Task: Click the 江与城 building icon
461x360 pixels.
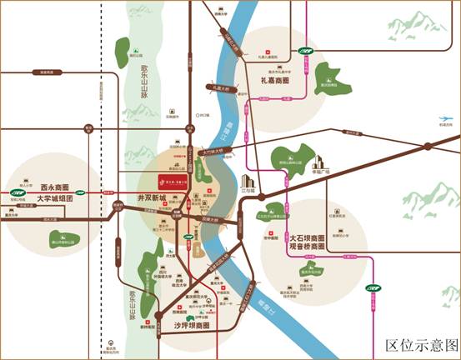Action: pos(248,182)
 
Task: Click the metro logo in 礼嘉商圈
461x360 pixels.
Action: pos(306,52)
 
